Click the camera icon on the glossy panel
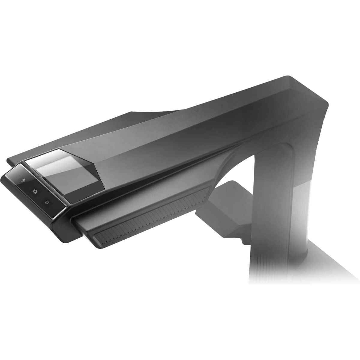pos(35,191)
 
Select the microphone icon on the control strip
pos(23,181)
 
